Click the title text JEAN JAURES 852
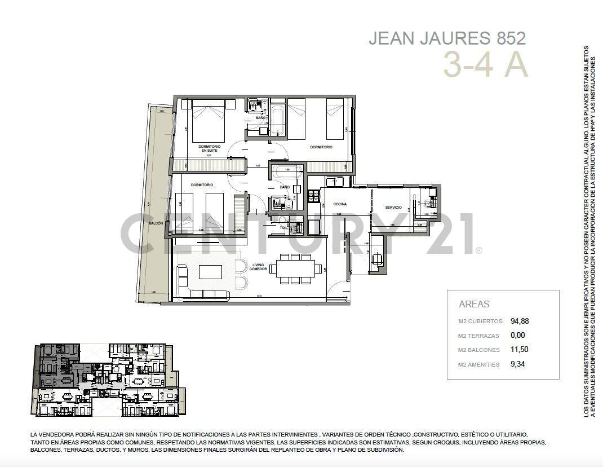447,38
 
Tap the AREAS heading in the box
474,304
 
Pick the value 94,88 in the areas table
520,321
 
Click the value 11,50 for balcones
519,350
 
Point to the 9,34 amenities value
517,364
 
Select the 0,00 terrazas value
517,336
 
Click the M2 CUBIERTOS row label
480,321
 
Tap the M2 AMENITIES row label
479,365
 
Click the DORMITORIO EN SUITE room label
209,148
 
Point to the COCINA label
339,204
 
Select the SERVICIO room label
393,208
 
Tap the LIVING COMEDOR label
258,267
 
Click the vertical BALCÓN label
156,223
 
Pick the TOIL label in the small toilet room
283,228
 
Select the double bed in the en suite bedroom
209,121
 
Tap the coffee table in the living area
210,272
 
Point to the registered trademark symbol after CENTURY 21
479,250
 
